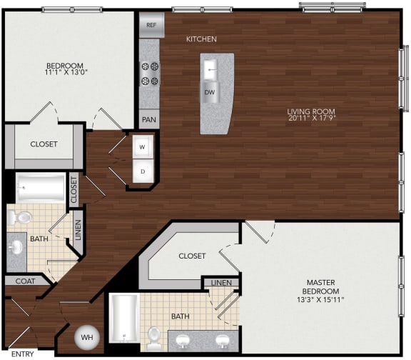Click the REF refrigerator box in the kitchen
(x=151, y=24)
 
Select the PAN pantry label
(x=149, y=120)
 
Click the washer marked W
(x=142, y=148)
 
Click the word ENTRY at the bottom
(x=23, y=354)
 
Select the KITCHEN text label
(x=201, y=39)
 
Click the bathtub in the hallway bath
(x=40, y=189)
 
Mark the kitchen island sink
(x=211, y=69)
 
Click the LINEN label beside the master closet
(x=220, y=284)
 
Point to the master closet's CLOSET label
(x=192, y=256)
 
